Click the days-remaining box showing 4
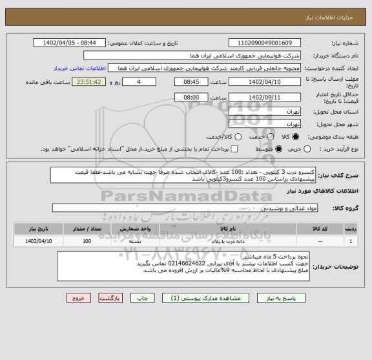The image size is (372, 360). point(139,83)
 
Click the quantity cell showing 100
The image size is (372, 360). point(87,241)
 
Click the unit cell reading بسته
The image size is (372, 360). point(136,241)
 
